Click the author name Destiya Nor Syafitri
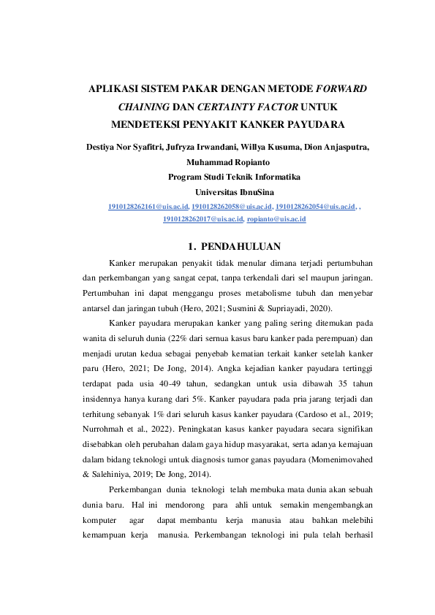[x=121, y=147]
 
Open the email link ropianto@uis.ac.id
[x=276, y=219]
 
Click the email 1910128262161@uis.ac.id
[x=148, y=207]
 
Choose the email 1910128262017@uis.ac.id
[x=203, y=219]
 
